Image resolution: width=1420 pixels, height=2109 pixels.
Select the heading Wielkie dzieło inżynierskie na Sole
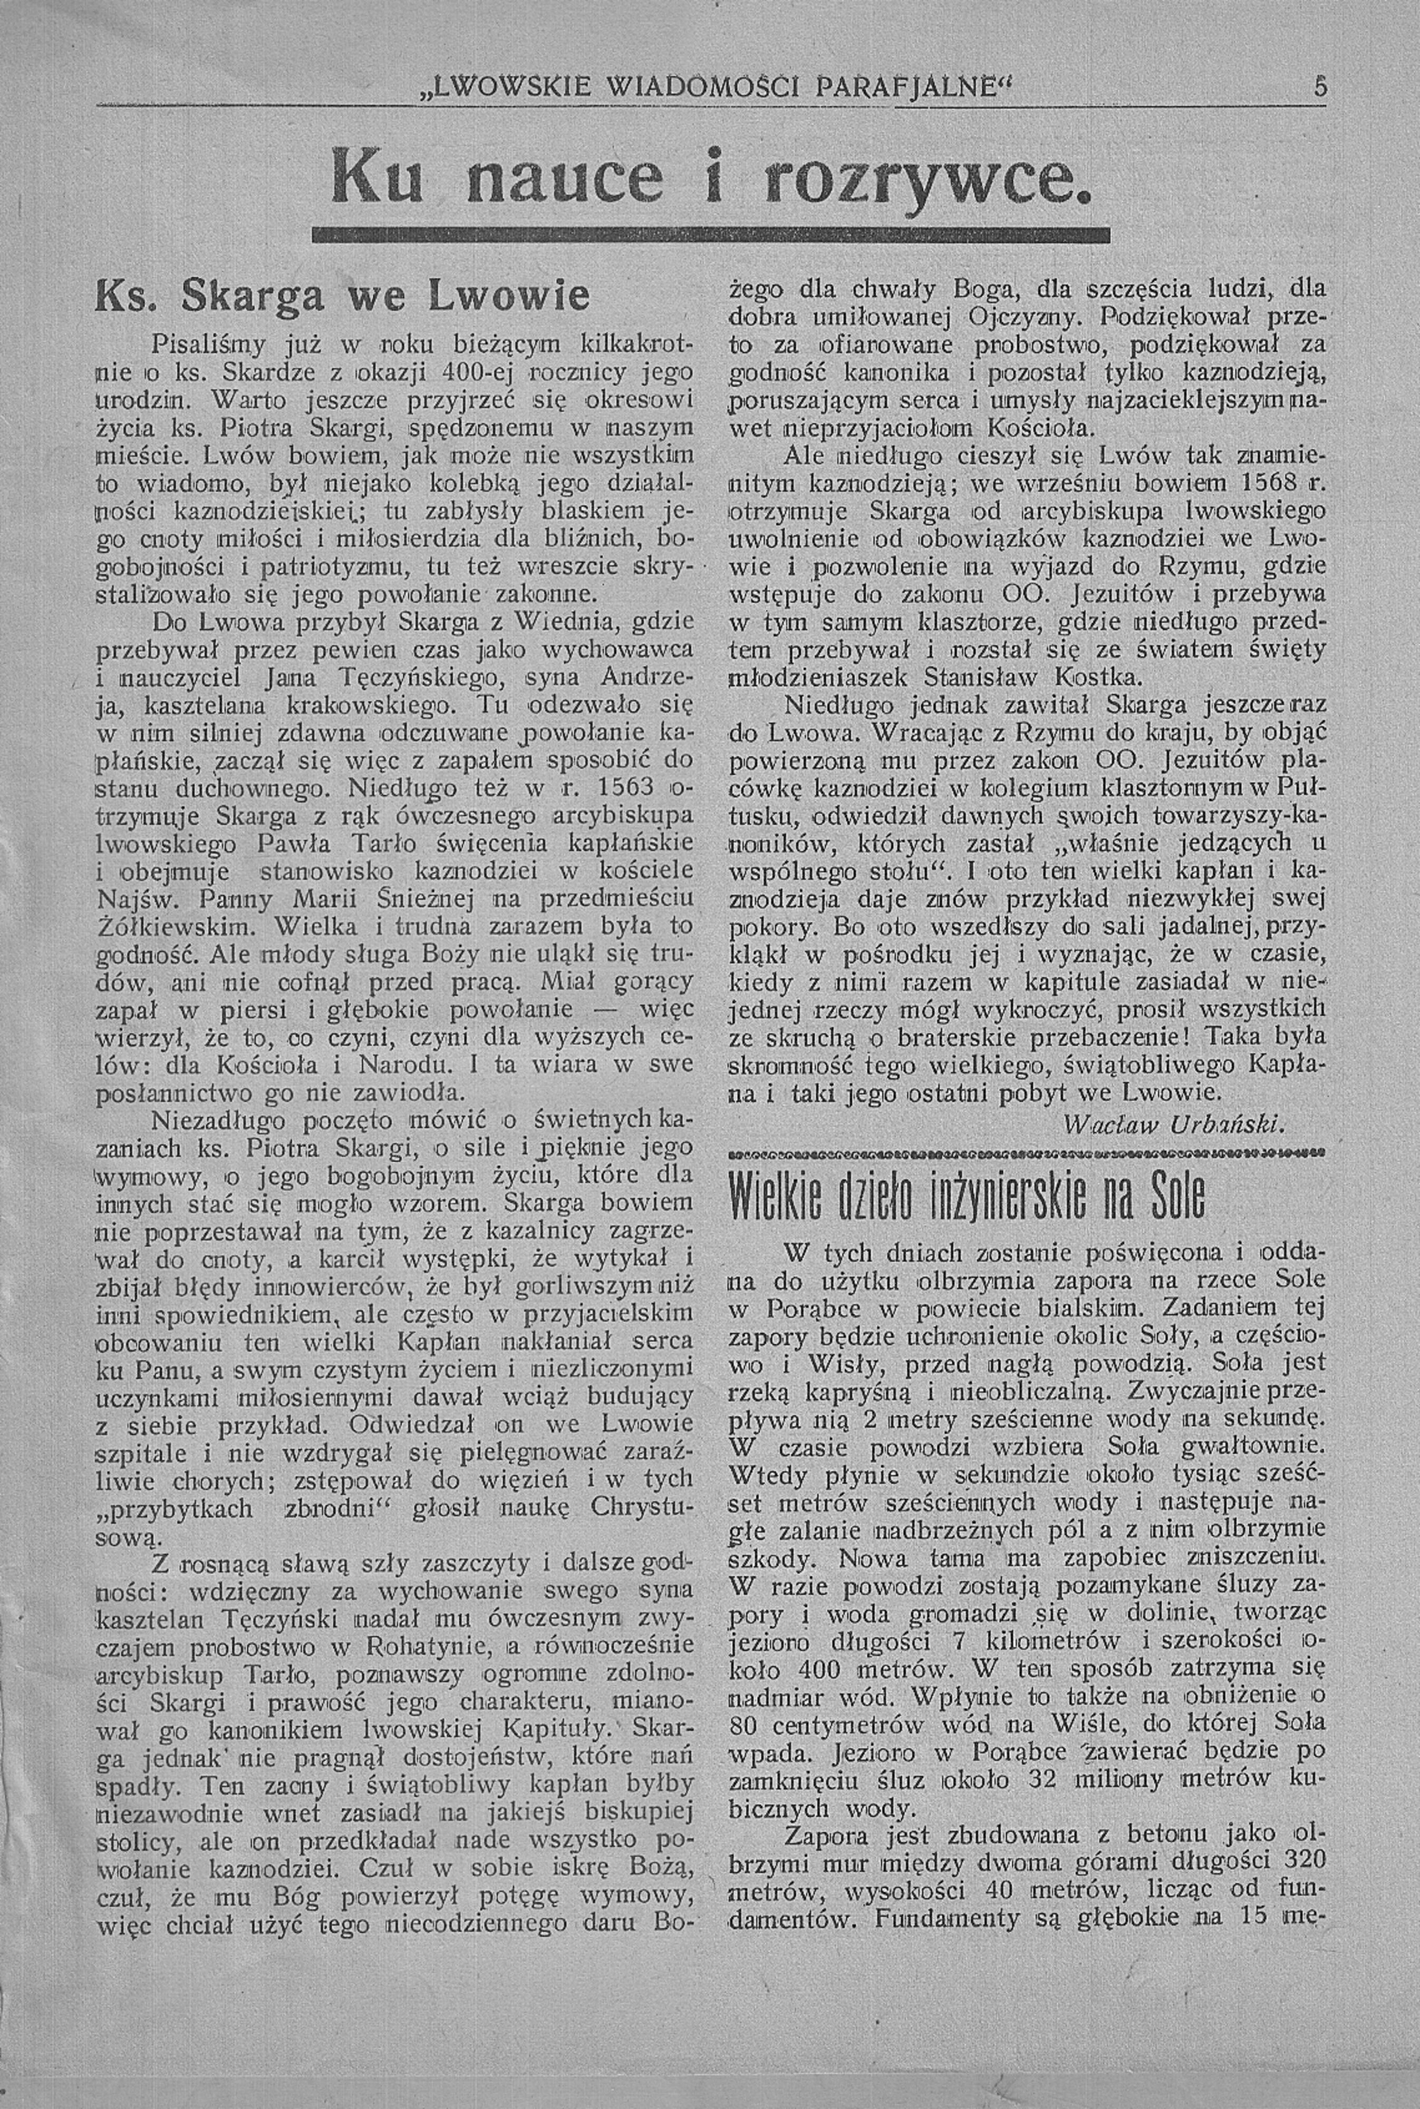tap(967, 1197)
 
